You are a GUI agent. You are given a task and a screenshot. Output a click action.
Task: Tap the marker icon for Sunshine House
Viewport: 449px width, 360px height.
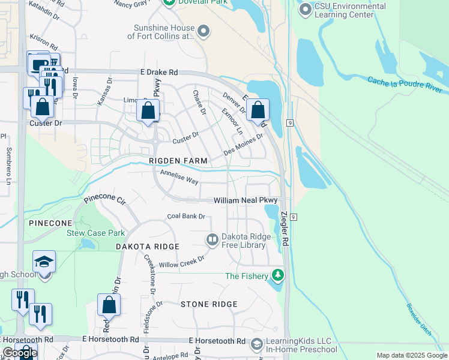coord(203,32)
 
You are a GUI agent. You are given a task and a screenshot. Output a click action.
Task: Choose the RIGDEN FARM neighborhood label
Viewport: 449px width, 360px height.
coord(178,161)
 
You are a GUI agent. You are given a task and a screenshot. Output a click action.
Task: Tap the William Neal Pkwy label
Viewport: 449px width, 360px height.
coord(247,200)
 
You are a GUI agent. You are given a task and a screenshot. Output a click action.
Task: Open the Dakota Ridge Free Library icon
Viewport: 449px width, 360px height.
coord(212,240)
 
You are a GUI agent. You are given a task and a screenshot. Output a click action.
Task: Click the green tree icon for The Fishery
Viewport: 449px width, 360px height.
coord(277,275)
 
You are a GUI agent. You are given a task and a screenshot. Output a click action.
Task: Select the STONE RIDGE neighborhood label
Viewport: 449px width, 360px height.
coord(209,304)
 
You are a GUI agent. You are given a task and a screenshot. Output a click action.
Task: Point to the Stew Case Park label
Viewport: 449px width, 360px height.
coord(95,233)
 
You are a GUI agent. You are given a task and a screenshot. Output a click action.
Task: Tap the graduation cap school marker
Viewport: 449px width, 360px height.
coord(44,262)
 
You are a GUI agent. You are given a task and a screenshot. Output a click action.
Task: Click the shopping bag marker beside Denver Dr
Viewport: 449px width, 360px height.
coord(258,110)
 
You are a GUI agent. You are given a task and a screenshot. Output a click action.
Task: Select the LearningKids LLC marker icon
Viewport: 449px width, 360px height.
coord(256,344)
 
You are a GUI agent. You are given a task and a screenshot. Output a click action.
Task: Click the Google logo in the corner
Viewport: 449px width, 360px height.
coord(19,353)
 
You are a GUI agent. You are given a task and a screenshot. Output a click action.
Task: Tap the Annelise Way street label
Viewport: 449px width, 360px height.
coord(179,177)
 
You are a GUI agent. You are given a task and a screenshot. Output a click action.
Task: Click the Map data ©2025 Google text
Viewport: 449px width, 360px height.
coord(411,355)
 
